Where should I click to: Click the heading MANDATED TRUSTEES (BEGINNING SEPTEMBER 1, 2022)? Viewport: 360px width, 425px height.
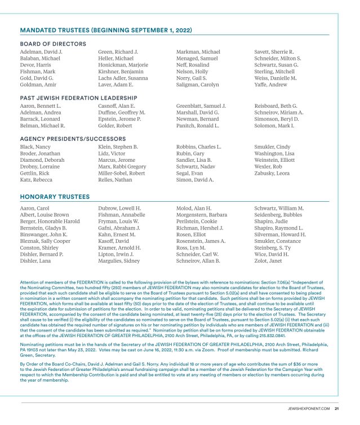[x=106, y=30]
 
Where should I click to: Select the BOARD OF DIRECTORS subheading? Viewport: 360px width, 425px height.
[x=53, y=43]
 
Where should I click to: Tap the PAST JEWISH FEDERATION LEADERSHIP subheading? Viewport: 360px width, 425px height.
[x=79, y=98]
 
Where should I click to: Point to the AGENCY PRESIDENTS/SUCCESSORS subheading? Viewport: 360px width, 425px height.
[x=73, y=138]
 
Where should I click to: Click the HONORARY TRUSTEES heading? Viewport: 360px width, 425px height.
[x=55, y=197]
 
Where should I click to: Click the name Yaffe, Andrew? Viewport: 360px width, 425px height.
[x=270, y=85]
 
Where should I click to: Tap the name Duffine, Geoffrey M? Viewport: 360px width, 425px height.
[x=121, y=113]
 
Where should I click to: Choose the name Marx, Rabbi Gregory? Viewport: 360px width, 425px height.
[x=122, y=166]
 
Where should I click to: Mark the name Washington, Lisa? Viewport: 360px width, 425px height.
[x=274, y=153]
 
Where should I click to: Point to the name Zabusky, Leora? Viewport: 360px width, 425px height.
[x=273, y=173]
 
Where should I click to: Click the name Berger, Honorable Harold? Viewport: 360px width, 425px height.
[x=50, y=221]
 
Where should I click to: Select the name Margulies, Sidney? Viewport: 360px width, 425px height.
[x=121, y=261]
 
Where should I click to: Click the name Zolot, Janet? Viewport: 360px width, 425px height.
[x=269, y=261]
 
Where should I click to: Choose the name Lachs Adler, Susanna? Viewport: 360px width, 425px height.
[x=123, y=78]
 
